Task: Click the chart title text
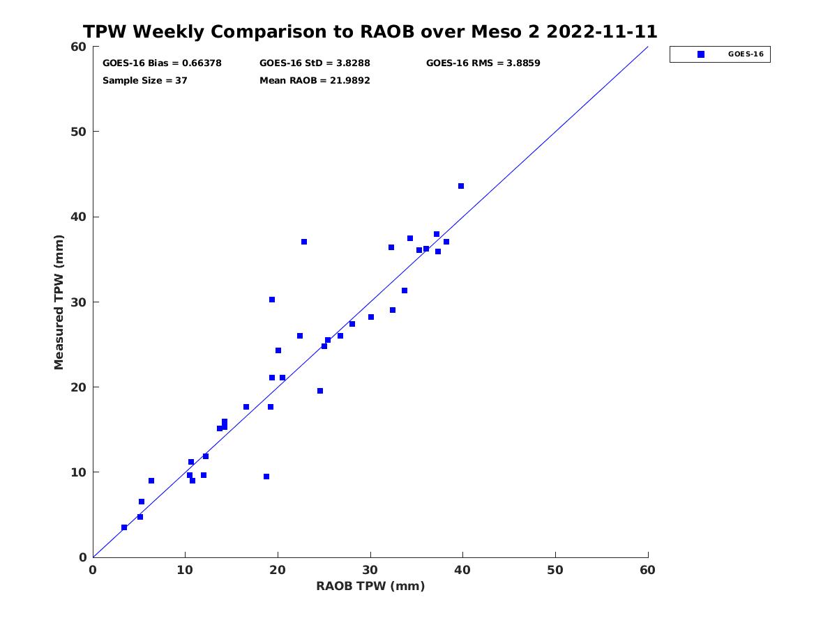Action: [370, 31]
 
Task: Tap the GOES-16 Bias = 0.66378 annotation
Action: [162, 63]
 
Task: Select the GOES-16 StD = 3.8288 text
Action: [314, 63]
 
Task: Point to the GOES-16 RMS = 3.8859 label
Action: [483, 63]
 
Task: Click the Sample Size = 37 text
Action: [144, 80]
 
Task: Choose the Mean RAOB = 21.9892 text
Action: [314, 80]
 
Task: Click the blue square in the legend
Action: [700, 54]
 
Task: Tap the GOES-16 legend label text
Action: [746, 54]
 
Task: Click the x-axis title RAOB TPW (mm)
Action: [370, 585]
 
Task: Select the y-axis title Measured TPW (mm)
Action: [59, 302]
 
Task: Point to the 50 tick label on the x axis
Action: [555, 570]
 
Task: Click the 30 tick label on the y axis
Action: [79, 302]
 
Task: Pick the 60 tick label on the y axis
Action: [79, 47]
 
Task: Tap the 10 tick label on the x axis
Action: [185, 570]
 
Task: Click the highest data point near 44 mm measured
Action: [460, 186]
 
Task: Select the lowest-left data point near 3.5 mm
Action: [124, 527]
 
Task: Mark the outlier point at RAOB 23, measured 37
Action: [303, 242]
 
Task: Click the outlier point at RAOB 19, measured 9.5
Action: [266, 477]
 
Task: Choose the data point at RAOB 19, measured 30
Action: [271, 300]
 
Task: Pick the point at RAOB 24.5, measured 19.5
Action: [319, 391]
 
